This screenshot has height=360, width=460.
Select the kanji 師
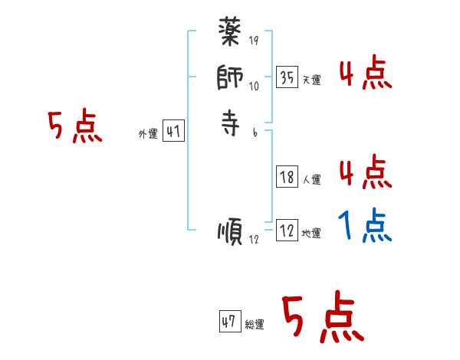(231, 80)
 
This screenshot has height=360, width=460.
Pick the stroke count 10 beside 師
(254, 86)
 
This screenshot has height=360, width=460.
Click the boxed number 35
(287, 77)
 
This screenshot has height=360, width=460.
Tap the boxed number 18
(287, 177)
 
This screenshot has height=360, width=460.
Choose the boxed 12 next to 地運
(287, 231)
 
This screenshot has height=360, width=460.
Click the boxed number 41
(173, 132)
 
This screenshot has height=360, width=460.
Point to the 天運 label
(311, 80)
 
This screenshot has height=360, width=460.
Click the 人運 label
(311, 180)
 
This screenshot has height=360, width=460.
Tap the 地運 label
(311, 234)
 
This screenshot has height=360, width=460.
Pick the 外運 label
(148, 134)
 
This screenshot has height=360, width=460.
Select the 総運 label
(255, 325)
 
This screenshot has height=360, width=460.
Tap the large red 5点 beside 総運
(322, 318)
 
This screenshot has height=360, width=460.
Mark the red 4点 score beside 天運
(365, 76)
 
